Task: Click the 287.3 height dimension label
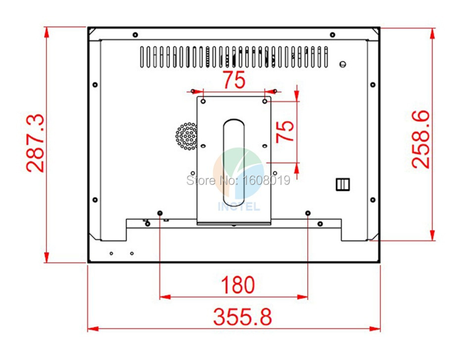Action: (35, 143)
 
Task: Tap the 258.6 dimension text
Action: (421, 139)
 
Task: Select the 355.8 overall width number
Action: (242, 317)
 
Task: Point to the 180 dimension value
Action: (238, 285)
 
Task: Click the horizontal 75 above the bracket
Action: (234, 80)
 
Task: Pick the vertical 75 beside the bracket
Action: (285, 132)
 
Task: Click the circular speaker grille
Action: (187, 136)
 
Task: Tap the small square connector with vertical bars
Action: (343, 184)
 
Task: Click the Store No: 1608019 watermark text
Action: (238, 181)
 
